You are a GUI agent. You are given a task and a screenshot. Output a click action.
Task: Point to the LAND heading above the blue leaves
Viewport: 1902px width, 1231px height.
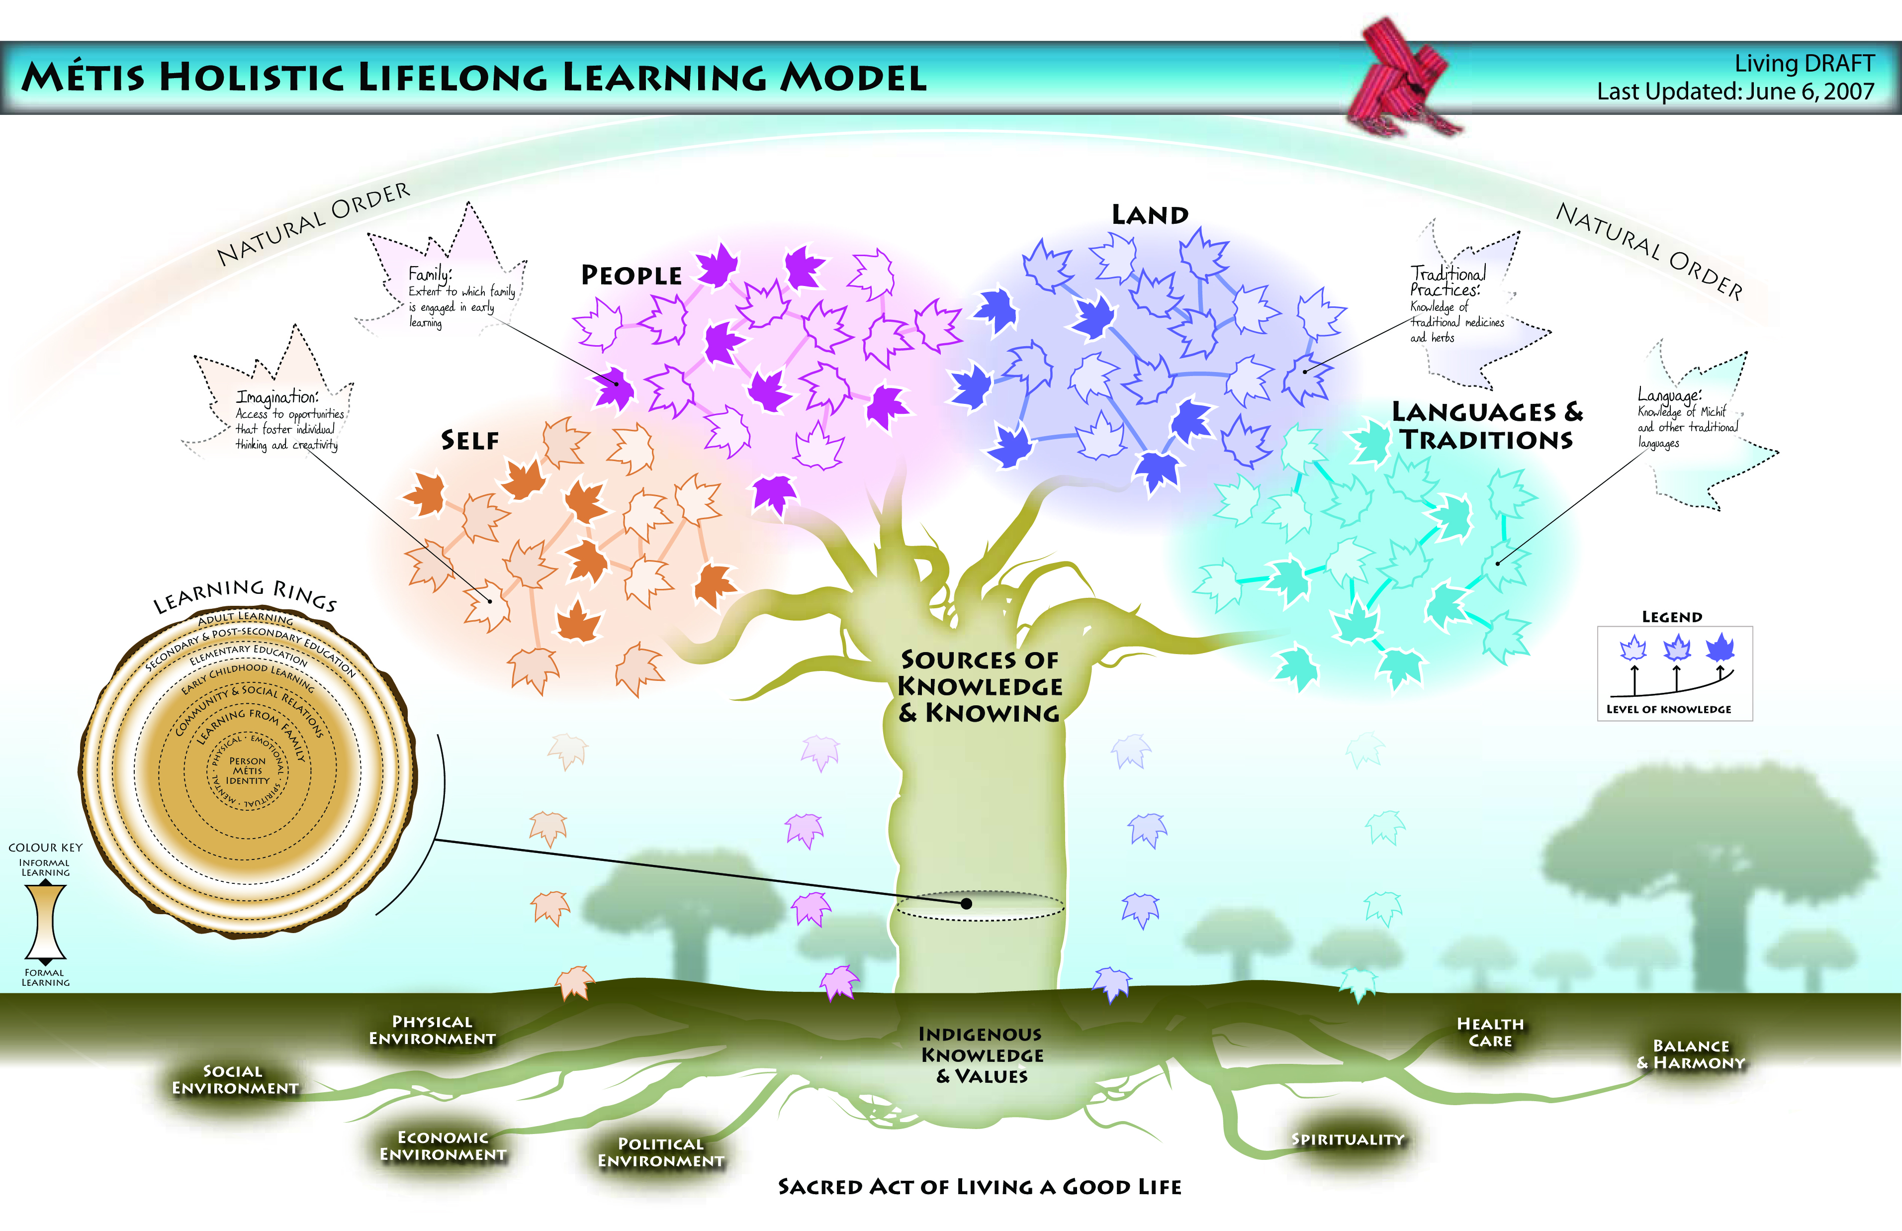click(1150, 215)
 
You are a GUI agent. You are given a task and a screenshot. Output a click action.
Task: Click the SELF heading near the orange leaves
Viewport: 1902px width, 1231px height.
click(470, 441)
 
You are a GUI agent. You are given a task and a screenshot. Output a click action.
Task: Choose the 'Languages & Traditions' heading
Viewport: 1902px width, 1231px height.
click(1486, 426)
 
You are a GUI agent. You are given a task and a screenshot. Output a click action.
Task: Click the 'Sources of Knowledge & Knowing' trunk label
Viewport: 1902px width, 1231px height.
click(980, 686)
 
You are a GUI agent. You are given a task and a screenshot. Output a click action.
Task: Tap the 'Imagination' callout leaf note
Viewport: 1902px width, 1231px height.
click(288, 420)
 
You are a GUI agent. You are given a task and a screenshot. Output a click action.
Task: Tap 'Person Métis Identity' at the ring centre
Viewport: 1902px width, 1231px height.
click(248, 771)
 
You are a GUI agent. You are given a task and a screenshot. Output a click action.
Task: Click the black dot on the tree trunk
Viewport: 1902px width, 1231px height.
click(966, 903)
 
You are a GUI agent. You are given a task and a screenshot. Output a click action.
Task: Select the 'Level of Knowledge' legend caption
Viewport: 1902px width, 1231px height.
click(1669, 709)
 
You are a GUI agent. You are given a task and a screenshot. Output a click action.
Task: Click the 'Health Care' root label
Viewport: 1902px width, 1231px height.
click(1490, 1032)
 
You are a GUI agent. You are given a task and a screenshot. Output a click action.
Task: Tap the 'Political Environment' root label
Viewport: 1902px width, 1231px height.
click(661, 1153)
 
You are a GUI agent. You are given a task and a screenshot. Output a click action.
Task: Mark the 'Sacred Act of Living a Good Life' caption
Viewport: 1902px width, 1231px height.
click(980, 1187)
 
